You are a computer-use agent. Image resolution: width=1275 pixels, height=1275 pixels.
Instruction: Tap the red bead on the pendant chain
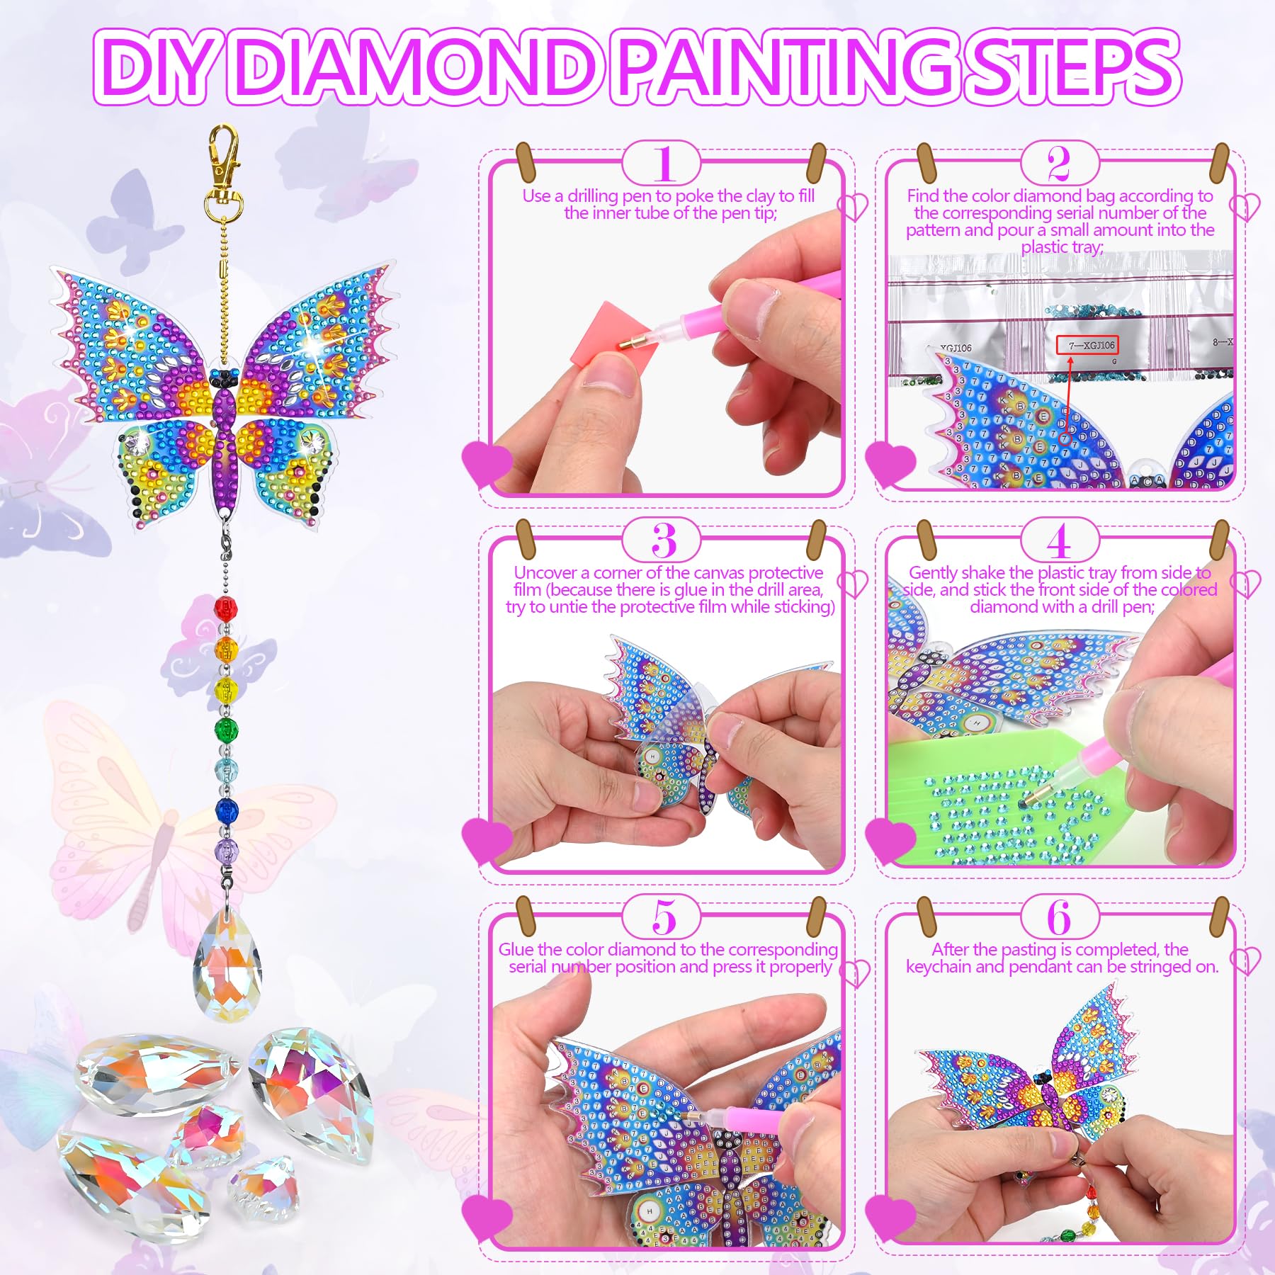click(225, 608)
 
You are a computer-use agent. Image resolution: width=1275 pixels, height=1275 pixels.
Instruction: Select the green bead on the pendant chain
click(226, 727)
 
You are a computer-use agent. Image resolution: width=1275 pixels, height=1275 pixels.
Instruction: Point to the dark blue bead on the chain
click(226, 808)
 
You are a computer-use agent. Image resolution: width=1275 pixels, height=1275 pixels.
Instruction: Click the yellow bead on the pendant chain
click(225, 687)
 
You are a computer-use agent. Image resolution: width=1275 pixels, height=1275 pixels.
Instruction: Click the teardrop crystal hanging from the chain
click(228, 965)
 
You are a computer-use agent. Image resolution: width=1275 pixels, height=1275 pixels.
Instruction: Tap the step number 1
click(664, 165)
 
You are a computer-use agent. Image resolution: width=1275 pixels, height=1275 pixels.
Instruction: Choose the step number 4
click(1058, 543)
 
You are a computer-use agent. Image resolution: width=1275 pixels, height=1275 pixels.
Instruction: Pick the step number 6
click(1059, 918)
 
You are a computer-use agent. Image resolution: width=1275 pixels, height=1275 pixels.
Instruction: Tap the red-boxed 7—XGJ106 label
click(1087, 345)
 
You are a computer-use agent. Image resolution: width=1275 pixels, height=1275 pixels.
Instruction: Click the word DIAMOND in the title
click(414, 66)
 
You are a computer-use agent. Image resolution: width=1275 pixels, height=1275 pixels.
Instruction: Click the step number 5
click(664, 918)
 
